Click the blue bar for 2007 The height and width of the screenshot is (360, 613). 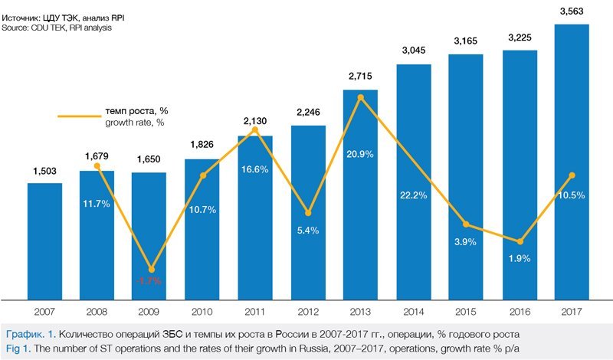(x=44, y=241)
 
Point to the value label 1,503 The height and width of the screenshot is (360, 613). (x=44, y=171)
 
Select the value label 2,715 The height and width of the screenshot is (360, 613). (x=360, y=78)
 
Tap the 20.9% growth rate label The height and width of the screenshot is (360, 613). (x=360, y=175)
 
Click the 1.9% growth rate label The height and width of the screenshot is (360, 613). (x=519, y=259)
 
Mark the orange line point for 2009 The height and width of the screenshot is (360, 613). (x=150, y=269)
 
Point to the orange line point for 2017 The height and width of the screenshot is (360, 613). (x=572, y=175)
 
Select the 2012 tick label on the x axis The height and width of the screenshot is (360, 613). (x=308, y=313)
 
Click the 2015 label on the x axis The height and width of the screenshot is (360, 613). (x=466, y=313)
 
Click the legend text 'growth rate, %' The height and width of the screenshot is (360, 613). (x=135, y=123)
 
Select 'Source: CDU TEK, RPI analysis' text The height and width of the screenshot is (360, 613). (x=57, y=28)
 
